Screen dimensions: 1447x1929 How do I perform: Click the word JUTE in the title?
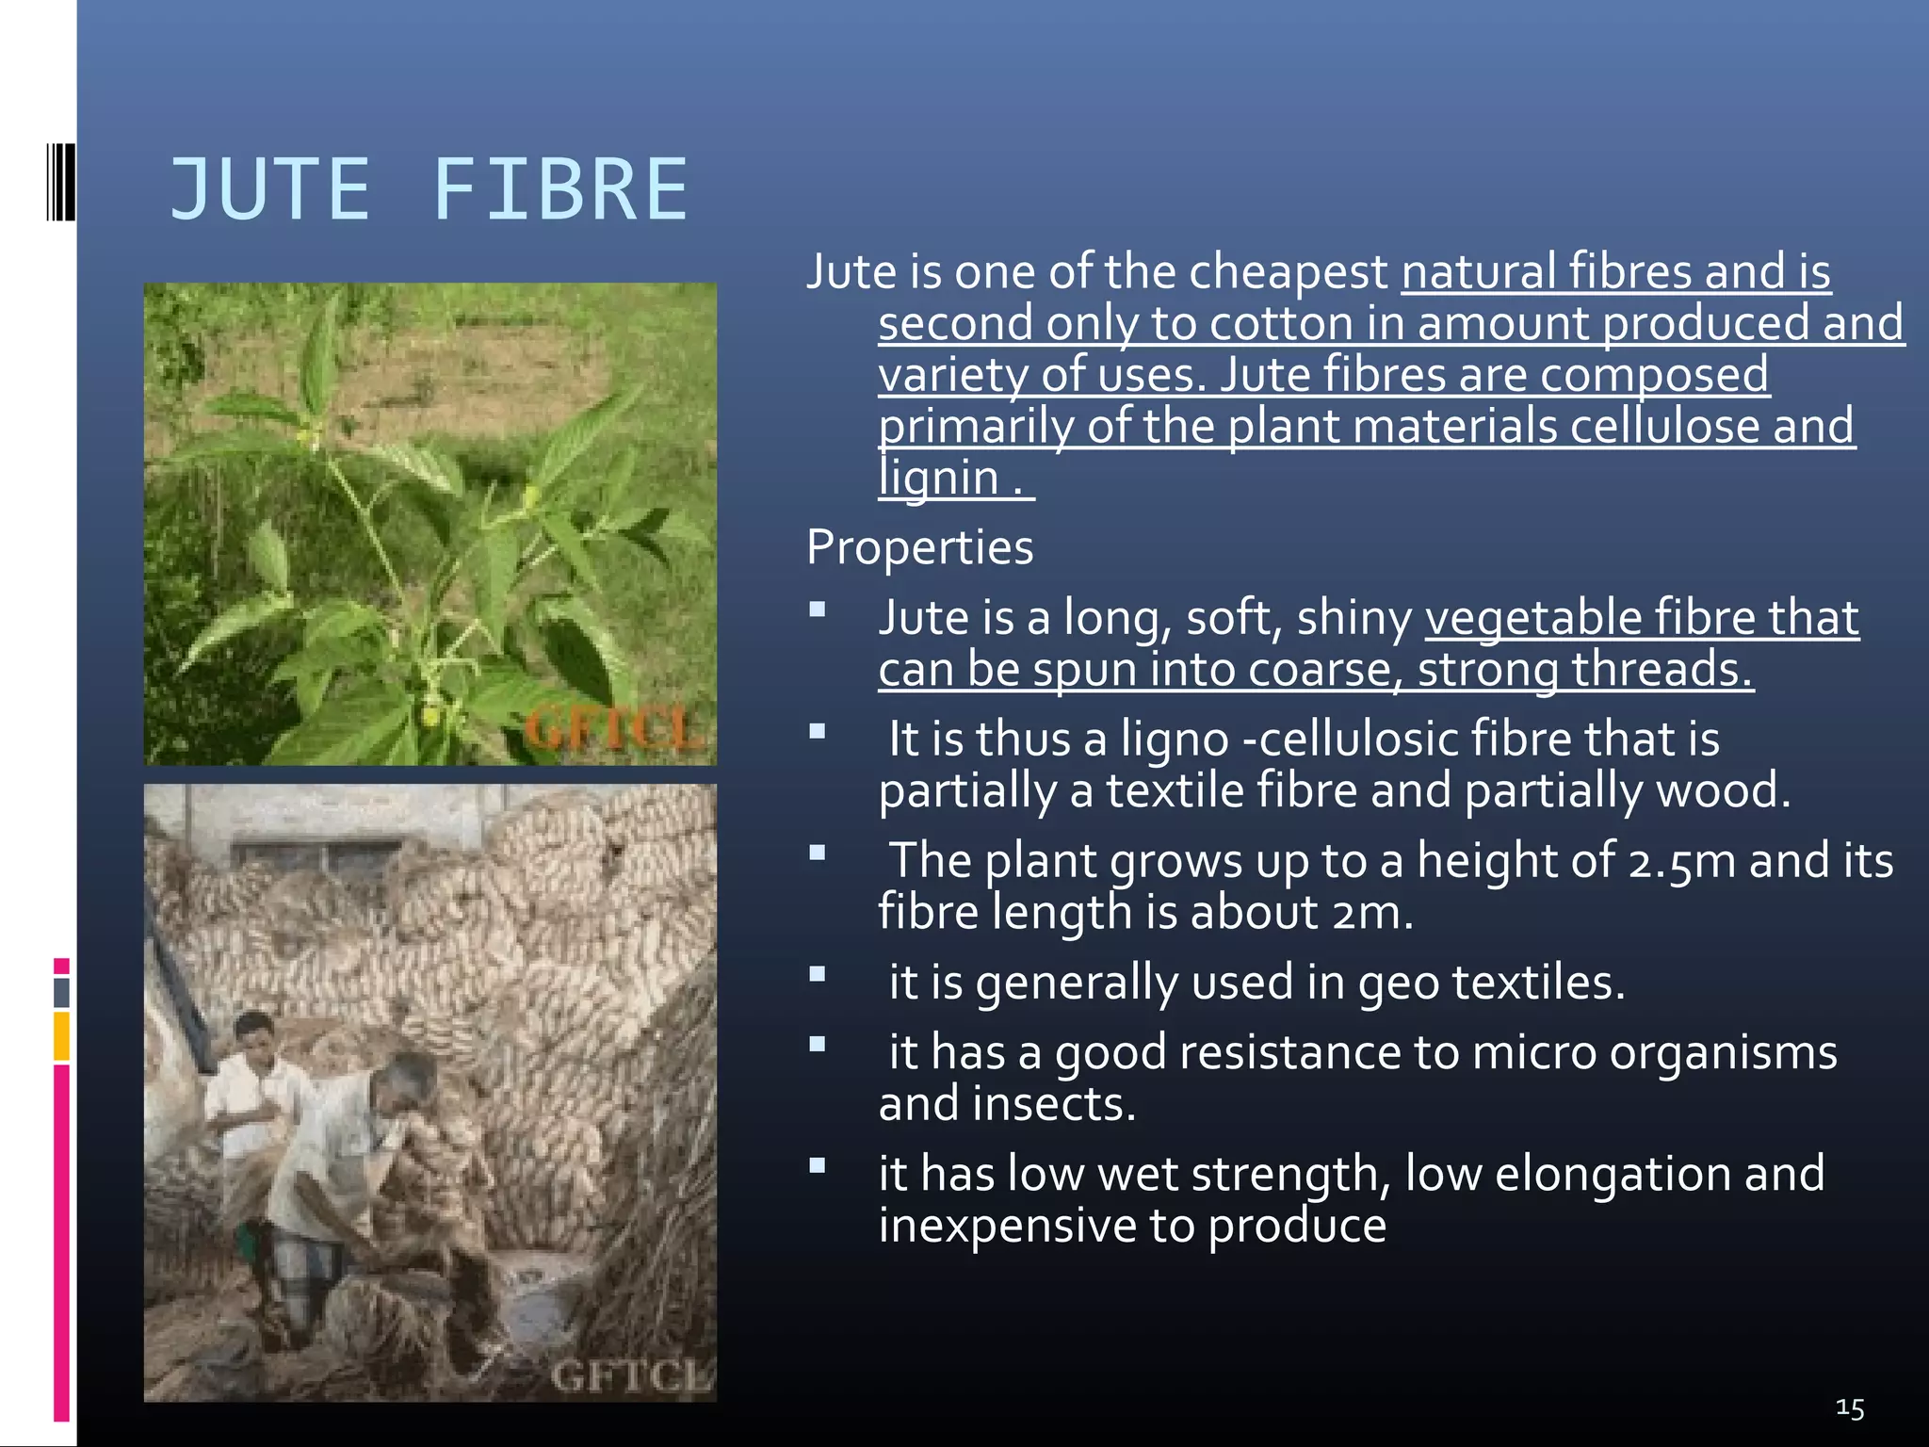point(269,190)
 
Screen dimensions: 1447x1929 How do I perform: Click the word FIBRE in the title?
point(560,190)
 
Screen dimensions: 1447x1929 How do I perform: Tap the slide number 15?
point(1850,1408)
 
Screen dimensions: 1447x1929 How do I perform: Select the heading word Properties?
point(919,547)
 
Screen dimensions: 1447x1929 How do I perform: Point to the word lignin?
point(938,478)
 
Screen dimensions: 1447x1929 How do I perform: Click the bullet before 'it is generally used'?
point(818,975)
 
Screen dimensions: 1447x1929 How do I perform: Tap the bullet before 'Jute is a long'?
point(818,610)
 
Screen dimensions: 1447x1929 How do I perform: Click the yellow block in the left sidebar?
point(62,1035)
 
